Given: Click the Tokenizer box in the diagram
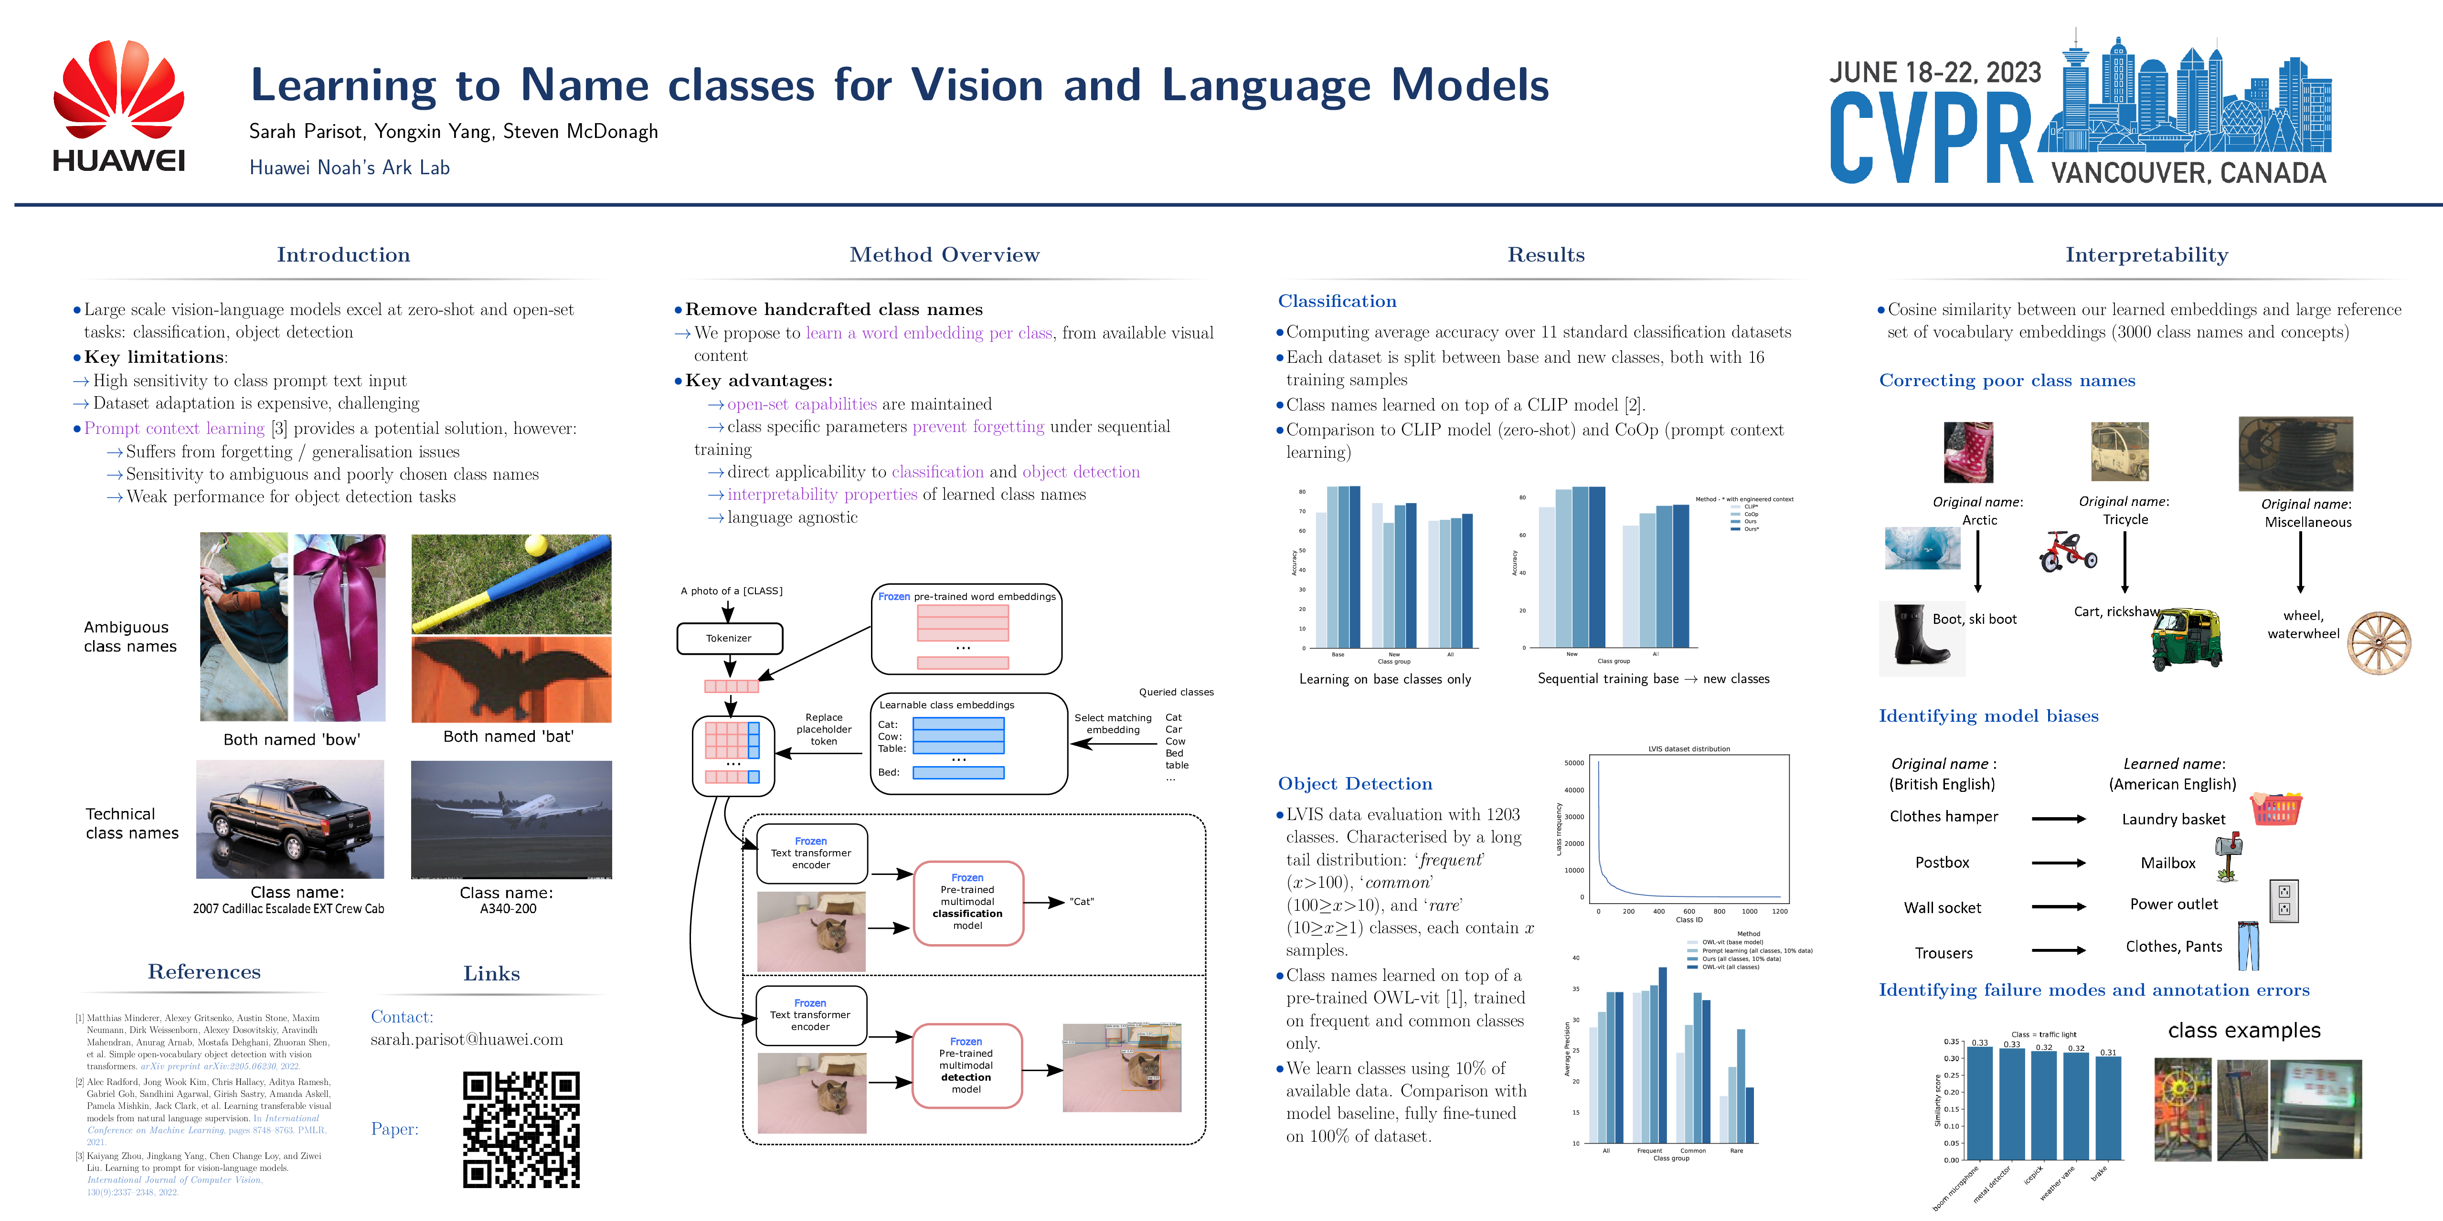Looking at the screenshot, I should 729,638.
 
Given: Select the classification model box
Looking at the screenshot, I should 967,903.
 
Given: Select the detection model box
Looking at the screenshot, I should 967,1065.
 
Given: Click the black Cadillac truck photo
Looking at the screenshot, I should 290,819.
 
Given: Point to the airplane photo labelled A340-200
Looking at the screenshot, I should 511,819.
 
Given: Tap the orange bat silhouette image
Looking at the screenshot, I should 511,679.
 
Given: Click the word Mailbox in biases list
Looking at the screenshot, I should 2168,863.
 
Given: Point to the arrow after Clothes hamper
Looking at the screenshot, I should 2058,818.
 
